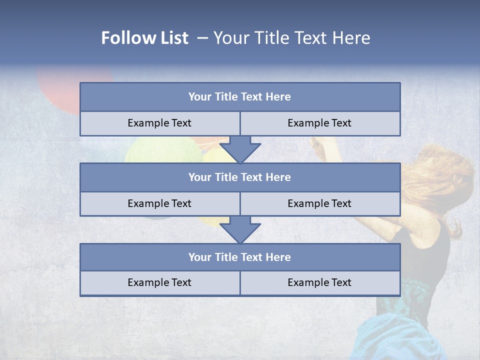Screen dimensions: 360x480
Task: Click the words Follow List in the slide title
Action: [x=145, y=38]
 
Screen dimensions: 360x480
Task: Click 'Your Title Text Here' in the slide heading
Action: [x=291, y=38]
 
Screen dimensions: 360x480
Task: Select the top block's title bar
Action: [x=240, y=97]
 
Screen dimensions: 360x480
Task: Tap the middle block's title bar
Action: [x=240, y=177]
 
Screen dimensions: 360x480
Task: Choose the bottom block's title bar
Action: [x=240, y=257]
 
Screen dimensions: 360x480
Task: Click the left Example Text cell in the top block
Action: [x=159, y=123]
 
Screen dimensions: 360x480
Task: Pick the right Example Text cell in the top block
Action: [x=319, y=123]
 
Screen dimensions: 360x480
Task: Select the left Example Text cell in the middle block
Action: [x=159, y=203]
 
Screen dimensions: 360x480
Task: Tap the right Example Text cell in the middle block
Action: [x=319, y=203]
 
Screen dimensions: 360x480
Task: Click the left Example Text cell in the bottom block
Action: [x=159, y=282]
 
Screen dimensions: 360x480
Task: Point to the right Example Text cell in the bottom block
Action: [x=319, y=282]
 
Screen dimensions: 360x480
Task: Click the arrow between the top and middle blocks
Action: [x=240, y=149]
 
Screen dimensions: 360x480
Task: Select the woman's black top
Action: [x=425, y=250]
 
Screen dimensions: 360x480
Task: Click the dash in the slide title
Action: [x=202, y=38]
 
